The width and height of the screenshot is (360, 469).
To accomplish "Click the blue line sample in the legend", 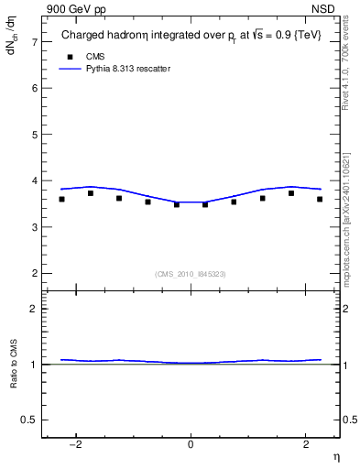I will pyautogui.click(x=71, y=69).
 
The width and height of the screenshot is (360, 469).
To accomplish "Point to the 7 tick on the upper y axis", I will pyautogui.click(x=34, y=42).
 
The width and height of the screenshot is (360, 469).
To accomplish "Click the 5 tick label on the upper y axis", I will pyautogui.click(x=34, y=135).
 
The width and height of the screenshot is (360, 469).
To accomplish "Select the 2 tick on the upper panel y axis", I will pyautogui.click(x=34, y=273).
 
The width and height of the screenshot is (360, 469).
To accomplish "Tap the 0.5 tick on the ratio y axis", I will pyautogui.click(x=30, y=420).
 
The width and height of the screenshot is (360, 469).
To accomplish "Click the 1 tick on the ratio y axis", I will pyautogui.click(x=34, y=365).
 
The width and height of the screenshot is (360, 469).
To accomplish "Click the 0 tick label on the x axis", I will pyautogui.click(x=191, y=445).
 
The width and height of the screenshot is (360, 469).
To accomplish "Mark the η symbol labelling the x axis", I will pyautogui.click(x=335, y=456).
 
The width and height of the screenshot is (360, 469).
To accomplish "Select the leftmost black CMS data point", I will pyautogui.click(x=61, y=199).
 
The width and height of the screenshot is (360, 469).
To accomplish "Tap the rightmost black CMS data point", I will pyautogui.click(x=320, y=199).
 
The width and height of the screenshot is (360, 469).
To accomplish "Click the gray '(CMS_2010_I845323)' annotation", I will pyautogui.click(x=191, y=274).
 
